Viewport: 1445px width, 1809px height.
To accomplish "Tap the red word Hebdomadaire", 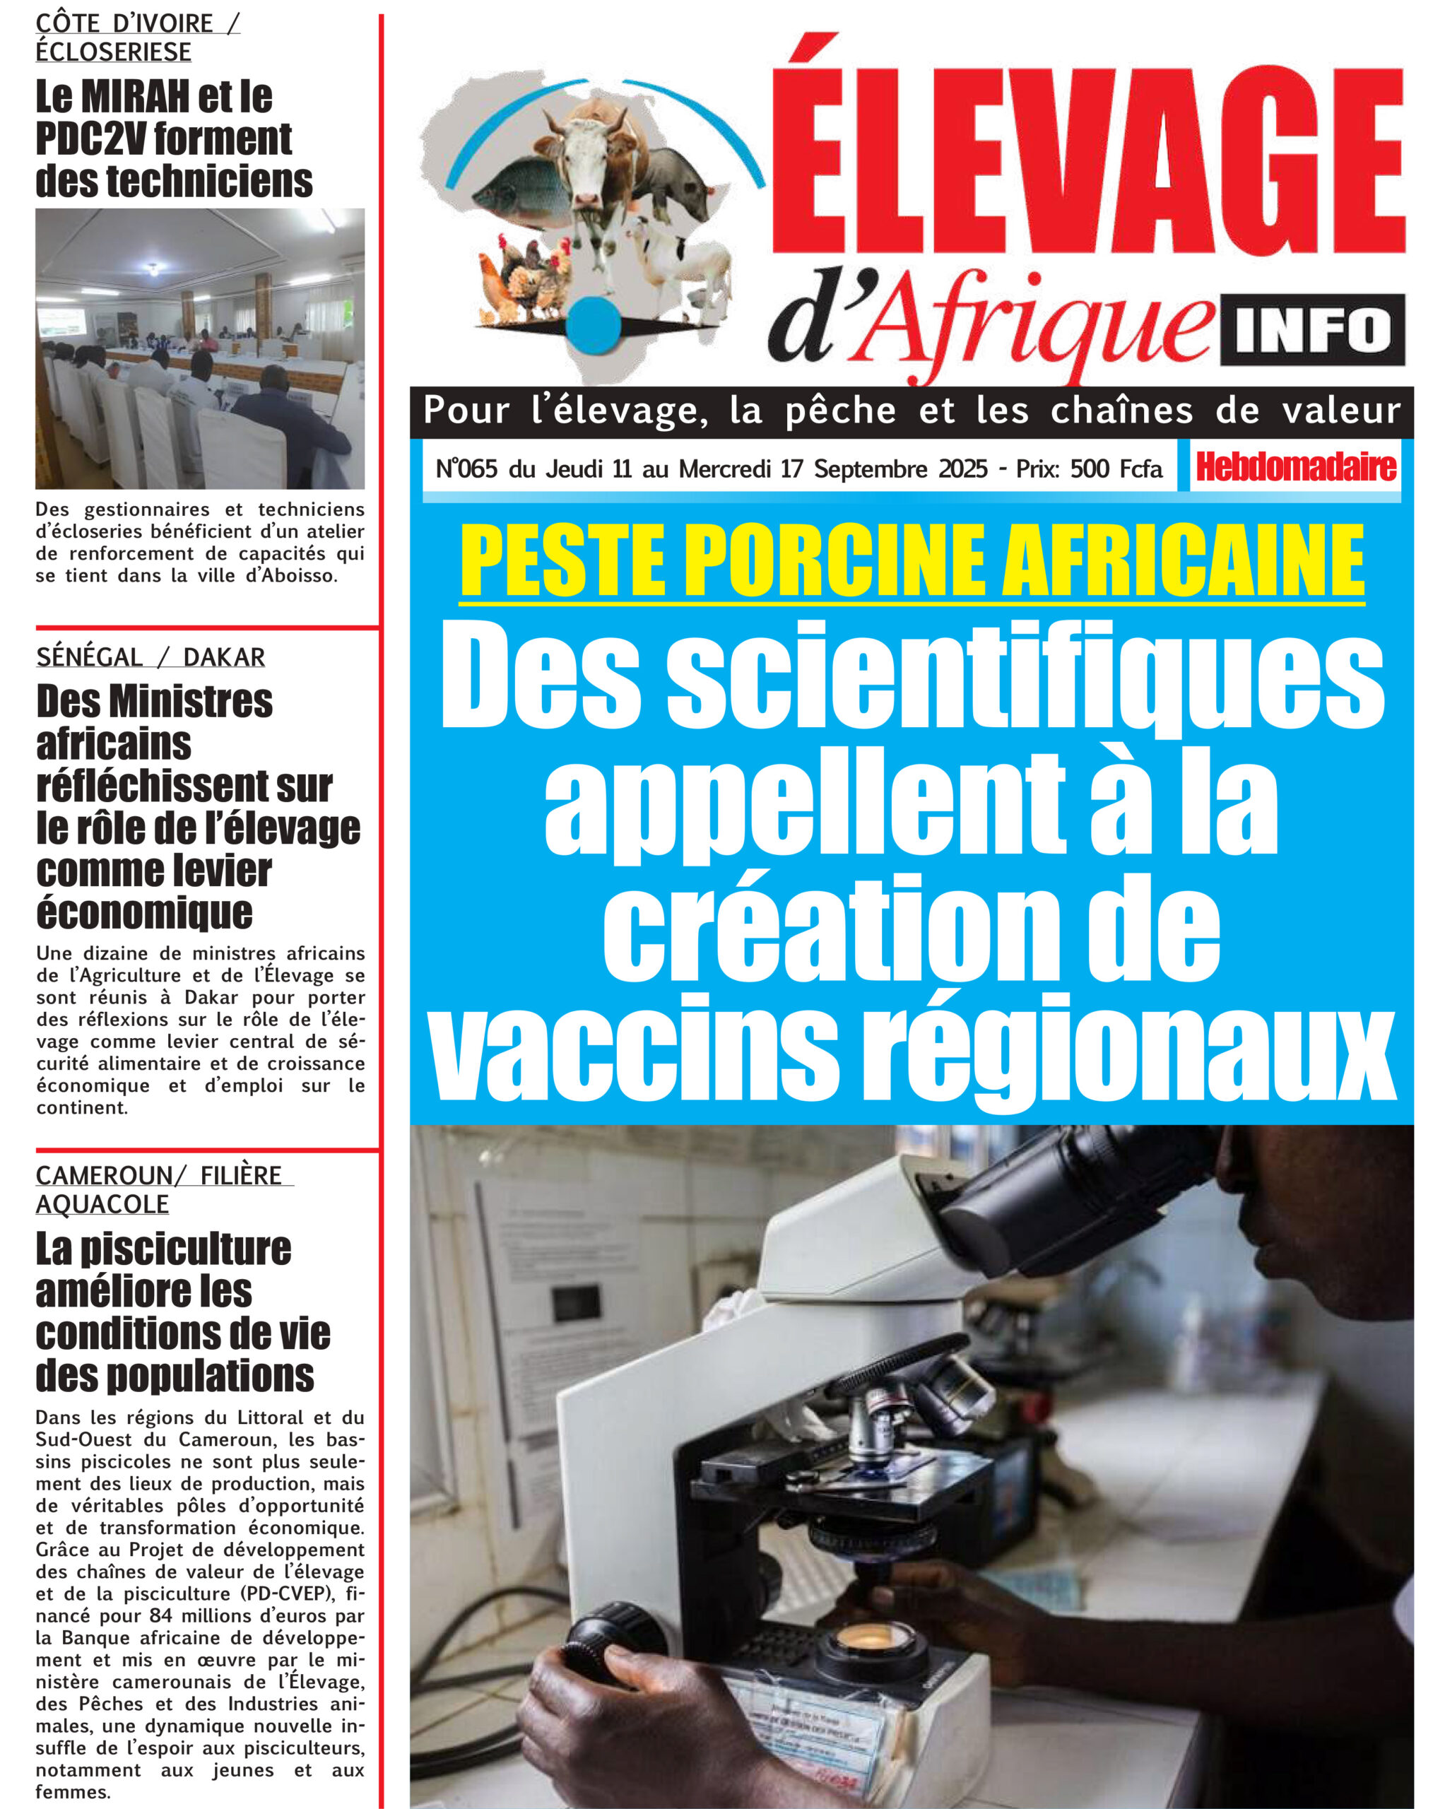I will pos(1296,466).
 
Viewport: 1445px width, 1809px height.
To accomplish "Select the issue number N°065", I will pos(466,469).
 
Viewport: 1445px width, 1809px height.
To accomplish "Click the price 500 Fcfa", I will pos(1116,469).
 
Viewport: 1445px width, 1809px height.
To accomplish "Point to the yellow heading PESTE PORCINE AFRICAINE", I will pos(912,559).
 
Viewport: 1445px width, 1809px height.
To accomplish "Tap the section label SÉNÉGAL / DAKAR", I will pos(151,657).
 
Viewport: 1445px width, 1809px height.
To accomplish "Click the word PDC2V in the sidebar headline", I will pos(93,139).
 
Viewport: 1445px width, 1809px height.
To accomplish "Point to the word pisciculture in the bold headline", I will pos(184,1249).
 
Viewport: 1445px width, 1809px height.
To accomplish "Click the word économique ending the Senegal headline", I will pos(144,913).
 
